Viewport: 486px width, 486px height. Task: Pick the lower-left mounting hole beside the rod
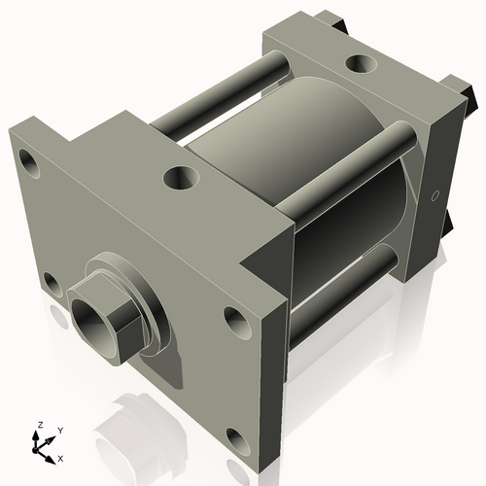point(50,283)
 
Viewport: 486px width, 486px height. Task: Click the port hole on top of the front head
point(179,178)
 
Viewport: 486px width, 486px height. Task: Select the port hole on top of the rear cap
point(361,64)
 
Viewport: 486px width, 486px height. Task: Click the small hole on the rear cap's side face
point(434,198)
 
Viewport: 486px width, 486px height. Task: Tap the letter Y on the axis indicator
point(60,429)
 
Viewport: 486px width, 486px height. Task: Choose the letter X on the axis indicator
point(61,457)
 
